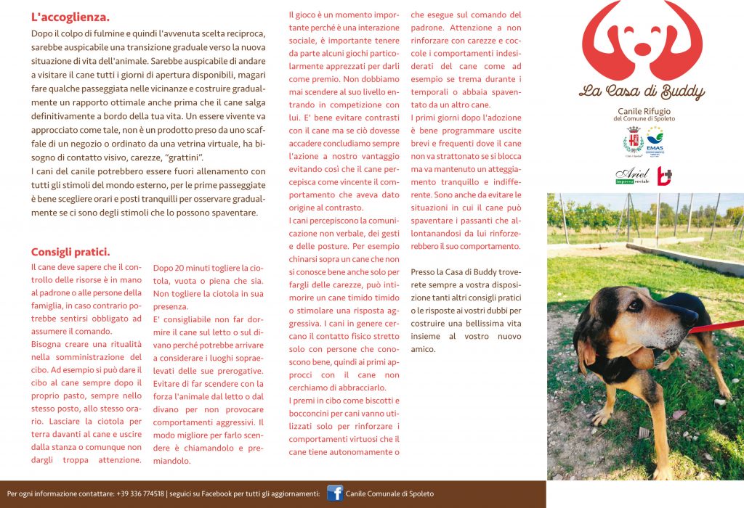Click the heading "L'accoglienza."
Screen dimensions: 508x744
pos(70,16)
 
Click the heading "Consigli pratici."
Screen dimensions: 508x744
pos(70,252)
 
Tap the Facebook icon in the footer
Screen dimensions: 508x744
pos(335,493)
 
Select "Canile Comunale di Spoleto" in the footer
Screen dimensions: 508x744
pos(390,494)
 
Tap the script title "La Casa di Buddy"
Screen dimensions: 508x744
pos(642,91)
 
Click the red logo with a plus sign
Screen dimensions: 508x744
pos(664,176)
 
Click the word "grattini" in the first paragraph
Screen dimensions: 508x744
pos(185,157)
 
